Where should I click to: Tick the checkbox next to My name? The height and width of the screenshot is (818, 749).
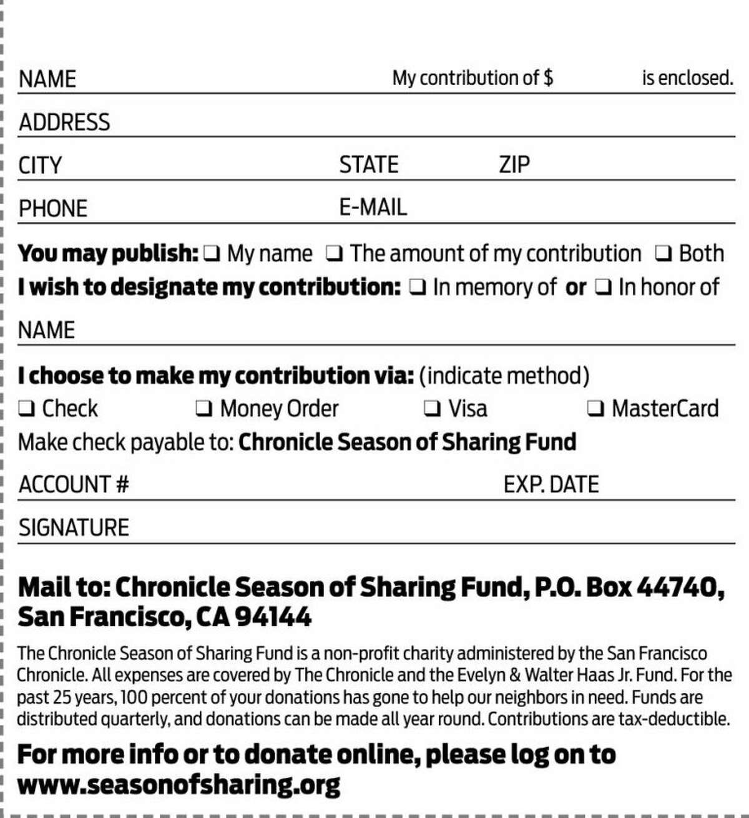click(x=212, y=254)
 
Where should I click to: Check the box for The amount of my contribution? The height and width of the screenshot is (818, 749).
click(x=335, y=254)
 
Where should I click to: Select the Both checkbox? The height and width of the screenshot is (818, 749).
click(x=663, y=254)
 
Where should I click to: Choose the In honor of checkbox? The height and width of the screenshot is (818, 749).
click(x=604, y=288)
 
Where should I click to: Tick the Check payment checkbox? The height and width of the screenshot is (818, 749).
click(x=26, y=409)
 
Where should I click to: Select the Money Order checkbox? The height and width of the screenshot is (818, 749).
click(x=203, y=409)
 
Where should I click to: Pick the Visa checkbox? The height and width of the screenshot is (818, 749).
click(x=432, y=409)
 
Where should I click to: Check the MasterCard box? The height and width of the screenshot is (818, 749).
click(x=595, y=409)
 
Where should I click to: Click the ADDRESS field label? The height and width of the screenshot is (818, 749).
click(x=64, y=122)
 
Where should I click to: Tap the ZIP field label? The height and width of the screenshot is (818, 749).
click(x=514, y=165)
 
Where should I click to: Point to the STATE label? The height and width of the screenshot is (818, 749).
click(x=368, y=165)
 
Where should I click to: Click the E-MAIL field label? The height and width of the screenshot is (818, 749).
click(x=373, y=207)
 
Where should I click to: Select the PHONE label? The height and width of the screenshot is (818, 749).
click(x=53, y=208)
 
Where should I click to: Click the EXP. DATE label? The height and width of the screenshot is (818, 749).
click(x=551, y=485)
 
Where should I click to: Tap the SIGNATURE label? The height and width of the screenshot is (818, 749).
click(x=74, y=528)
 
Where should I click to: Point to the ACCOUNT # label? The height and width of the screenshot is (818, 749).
click(x=74, y=485)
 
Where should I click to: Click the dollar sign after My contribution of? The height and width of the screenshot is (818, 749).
click(x=548, y=78)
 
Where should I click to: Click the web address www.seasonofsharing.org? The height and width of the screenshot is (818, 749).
click(x=179, y=784)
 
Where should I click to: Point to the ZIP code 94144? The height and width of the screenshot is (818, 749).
click(x=273, y=617)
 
